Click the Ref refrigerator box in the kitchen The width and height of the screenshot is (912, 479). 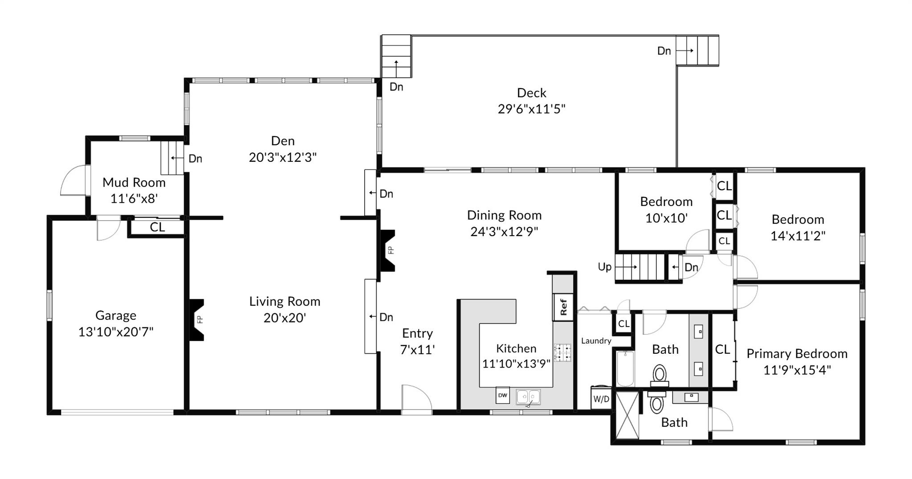pos(563,307)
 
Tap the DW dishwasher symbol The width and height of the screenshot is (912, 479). pos(502,395)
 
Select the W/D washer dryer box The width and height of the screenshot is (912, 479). pos(601,399)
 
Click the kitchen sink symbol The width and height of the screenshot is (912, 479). pos(528,397)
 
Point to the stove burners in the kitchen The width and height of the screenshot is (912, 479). pos(562,352)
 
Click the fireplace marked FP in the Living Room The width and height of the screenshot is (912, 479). pos(197,319)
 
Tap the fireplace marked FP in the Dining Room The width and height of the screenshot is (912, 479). pos(387,250)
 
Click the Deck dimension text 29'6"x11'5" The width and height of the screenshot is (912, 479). pos(531,109)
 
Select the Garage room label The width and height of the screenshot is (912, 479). pos(116,315)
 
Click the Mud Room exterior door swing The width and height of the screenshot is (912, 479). pos(74,180)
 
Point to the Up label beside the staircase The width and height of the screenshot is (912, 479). pos(604,267)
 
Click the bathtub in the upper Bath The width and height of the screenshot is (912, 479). pos(625,368)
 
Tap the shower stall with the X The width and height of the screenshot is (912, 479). pos(627,415)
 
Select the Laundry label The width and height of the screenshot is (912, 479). pos(596,341)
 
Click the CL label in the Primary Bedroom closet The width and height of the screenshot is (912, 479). pos(722,349)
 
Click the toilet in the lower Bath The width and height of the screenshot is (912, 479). pos(656,403)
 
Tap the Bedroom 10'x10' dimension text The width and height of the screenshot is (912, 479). pos(666,218)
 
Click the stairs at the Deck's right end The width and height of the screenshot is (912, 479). pos(697,51)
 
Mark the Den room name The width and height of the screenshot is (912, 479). pos(283,141)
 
